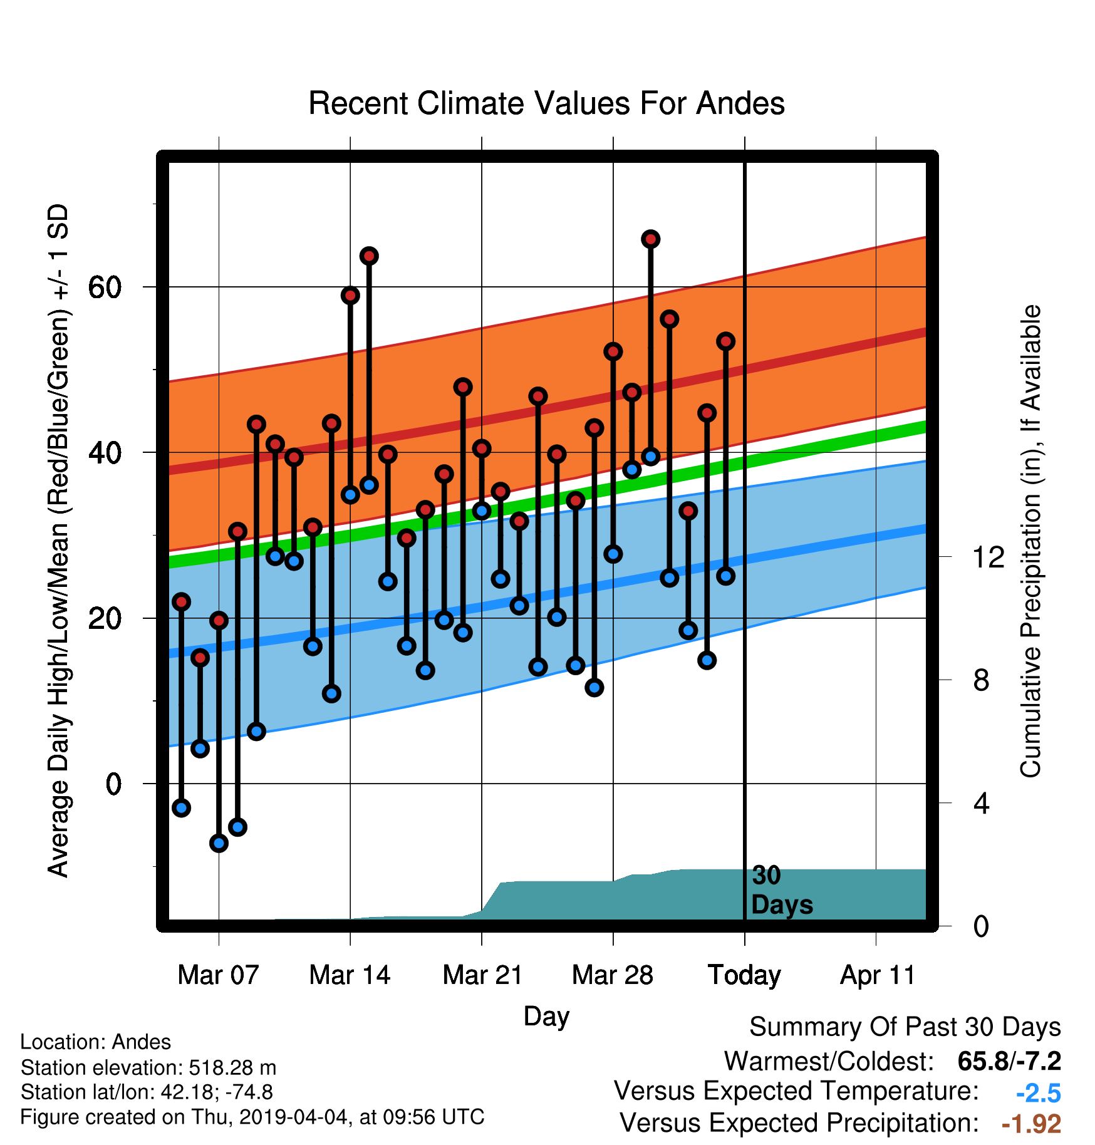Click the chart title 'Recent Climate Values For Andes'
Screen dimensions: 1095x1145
coord(546,103)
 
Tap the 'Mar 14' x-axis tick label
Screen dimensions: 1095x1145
coord(350,975)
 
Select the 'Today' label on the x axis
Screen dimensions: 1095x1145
coord(744,975)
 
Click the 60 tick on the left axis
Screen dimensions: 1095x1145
coord(105,288)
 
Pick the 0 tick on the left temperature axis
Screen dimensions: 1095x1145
coord(113,784)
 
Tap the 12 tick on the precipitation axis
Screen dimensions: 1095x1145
coord(989,557)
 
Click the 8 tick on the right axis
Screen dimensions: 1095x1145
coord(982,680)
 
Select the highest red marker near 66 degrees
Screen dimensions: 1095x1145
coord(651,239)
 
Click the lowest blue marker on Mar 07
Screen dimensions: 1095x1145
coord(219,843)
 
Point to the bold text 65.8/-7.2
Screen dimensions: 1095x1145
coord(1009,1061)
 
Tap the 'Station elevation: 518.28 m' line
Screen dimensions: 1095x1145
coord(148,1067)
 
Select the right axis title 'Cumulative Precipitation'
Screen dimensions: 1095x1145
coord(1030,541)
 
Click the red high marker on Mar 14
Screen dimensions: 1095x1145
coord(350,295)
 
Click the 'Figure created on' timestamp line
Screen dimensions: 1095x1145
coord(252,1117)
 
